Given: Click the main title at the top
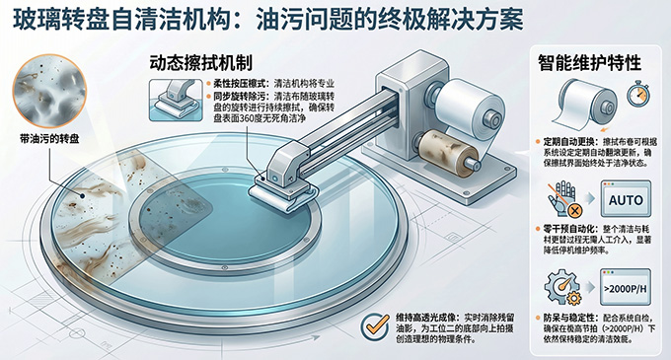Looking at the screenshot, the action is pyautogui.click(x=267, y=20).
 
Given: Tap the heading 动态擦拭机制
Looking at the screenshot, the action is pyautogui.click(x=201, y=63).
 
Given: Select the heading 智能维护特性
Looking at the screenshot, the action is pyautogui.click(x=590, y=63).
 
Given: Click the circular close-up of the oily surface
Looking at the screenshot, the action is pyautogui.click(x=49, y=91).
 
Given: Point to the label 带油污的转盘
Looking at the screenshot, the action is pyautogui.click(x=49, y=138).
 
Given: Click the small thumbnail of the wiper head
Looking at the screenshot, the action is pyautogui.click(x=176, y=100).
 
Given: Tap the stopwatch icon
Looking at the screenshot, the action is pyautogui.click(x=638, y=94).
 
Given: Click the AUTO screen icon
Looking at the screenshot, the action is pyautogui.click(x=626, y=199).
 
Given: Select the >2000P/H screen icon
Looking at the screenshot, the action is pyautogui.click(x=626, y=286).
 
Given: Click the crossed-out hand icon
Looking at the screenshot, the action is pyautogui.click(x=565, y=198).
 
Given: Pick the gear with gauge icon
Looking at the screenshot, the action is pyautogui.click(x=562, y=287).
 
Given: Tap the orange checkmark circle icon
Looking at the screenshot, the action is pyautogui.click(x=375, y=327).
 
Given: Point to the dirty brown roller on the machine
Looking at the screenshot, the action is pyautogui.click(x=449, y=154).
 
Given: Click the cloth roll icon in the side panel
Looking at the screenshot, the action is pyautogui.click(x=586, y=103).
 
